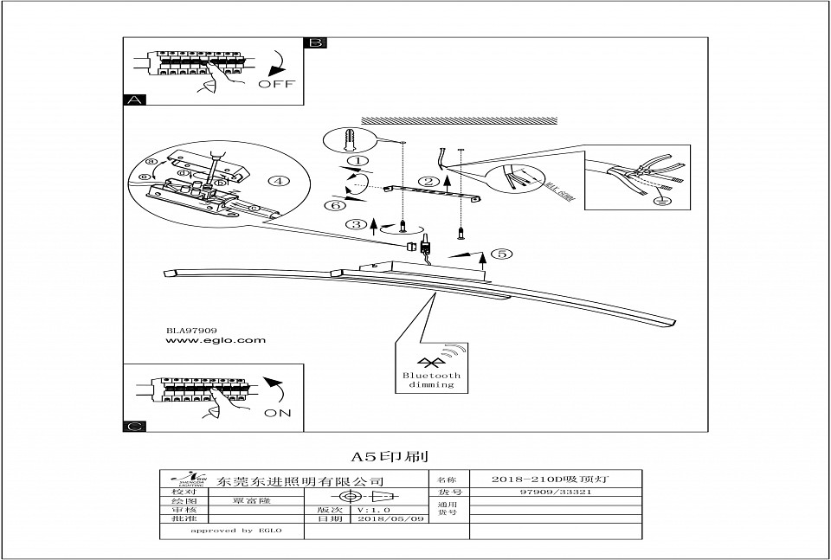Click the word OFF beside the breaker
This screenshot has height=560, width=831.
coord(276,84)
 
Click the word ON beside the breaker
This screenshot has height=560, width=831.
coord(277,413)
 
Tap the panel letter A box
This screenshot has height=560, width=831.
coord(134,100)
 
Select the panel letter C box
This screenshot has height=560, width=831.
coord(134,426)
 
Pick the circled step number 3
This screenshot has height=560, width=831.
coord(356,224)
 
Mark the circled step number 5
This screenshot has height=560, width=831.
coord(500,254)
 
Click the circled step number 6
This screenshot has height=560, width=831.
coord(332,205)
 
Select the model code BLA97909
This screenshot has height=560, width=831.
coord(191,330)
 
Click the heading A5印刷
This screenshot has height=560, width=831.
coord(389,455)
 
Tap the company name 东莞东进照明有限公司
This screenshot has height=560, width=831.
coord(300,480)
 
